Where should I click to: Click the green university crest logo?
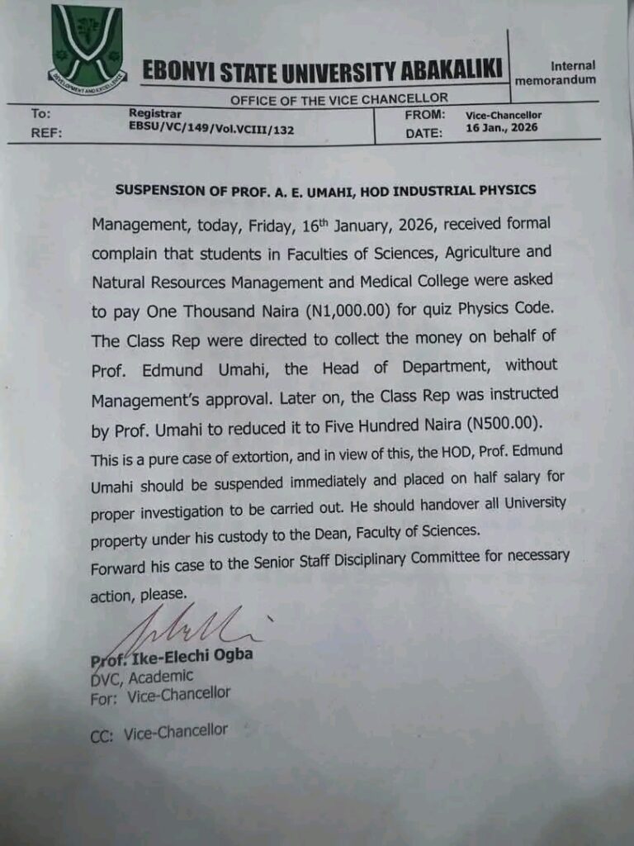tap(88, 50)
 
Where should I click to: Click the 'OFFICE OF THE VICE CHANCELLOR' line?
tap(339, 99)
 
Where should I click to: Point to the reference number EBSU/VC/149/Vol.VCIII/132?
tap(211, 130)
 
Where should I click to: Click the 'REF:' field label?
tap(48, 132)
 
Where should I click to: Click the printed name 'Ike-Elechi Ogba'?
tap(192, 656)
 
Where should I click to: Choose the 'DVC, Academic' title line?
tap(141, 677)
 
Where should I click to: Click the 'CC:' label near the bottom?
tap(103, 734)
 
